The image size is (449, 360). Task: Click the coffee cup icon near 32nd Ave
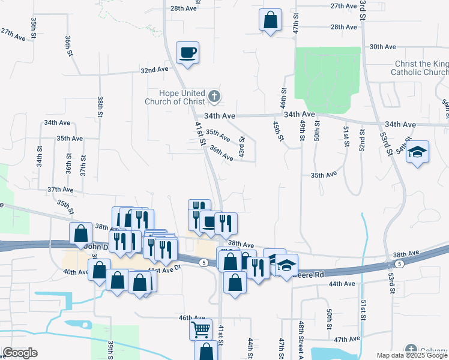187,52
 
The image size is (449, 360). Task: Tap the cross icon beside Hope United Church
214,96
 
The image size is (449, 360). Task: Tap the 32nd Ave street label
154,70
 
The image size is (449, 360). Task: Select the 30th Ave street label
382,46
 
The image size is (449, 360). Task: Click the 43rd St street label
242,148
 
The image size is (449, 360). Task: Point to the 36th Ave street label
221,154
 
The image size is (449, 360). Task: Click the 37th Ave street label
60,190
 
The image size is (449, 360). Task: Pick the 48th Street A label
301,340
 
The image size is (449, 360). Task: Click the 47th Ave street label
346,340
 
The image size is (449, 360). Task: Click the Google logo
20,353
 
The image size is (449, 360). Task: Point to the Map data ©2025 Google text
412,355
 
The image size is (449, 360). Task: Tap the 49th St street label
303,133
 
